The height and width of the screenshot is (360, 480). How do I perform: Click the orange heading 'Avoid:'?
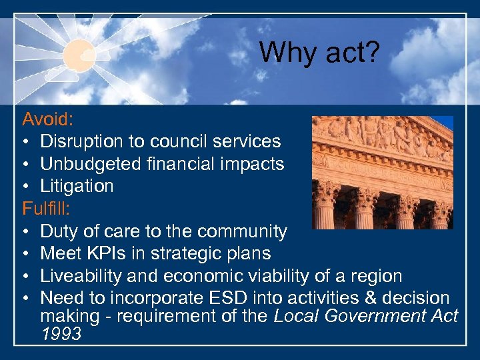point(47,120)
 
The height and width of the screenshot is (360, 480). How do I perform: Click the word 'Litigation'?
point(77,186)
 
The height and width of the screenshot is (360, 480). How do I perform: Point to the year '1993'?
point(61,333)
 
